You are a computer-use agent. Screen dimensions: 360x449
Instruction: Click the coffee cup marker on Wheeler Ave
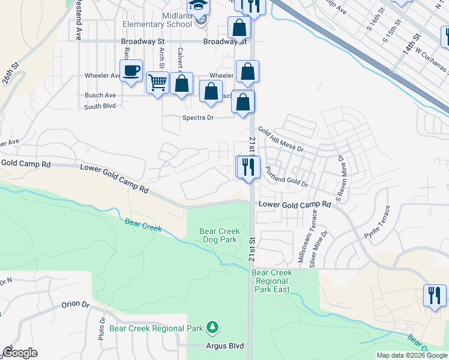[131, 71]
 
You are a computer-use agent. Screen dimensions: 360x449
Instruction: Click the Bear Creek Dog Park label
[220, 235]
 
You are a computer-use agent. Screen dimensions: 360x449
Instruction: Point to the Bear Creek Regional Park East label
[272, 281]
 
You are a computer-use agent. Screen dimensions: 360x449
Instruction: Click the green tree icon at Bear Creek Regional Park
[212, 328]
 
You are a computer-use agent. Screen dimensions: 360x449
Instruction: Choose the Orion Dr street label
[75, 304]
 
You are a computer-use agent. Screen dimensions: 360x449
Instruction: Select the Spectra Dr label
[198, 118]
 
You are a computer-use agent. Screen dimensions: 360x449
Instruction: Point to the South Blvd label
[100, 107]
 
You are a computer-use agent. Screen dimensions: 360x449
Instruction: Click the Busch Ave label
[100, 95]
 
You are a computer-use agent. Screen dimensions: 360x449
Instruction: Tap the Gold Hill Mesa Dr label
[281, 139]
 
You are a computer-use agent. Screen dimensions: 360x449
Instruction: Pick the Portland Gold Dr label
[286, 176]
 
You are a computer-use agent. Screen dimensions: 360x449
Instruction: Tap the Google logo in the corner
[20, 353]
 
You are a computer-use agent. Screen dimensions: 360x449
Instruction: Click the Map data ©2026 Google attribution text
[412, 355]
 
